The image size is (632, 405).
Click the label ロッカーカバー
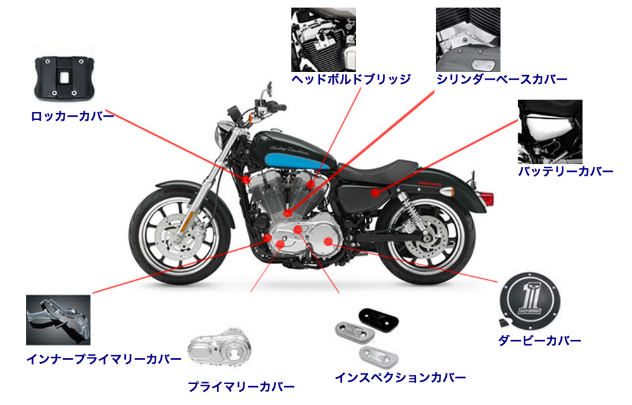(73, 117)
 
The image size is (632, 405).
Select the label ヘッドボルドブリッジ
(351, 80)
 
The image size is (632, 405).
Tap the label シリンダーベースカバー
(502, 80)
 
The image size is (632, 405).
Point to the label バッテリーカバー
(565, 172)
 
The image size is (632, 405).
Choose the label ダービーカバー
(539, 341)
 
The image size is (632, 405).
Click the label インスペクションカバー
(401, 378)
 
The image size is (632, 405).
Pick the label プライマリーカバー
(241, 387)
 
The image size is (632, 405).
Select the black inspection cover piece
(377, 315)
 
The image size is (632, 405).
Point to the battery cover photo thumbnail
(550, 131)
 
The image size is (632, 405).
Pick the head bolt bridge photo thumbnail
(323, 39)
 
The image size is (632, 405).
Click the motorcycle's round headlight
(222, 135)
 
